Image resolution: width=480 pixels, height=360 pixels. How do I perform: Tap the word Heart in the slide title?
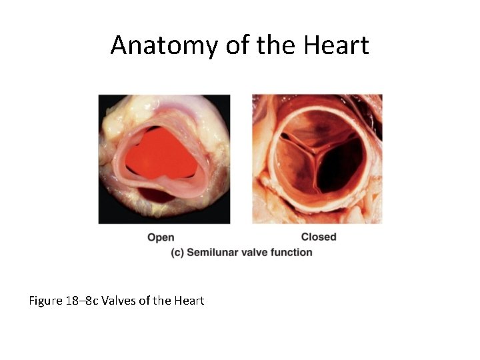point(336,45)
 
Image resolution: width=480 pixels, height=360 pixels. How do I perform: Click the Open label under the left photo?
point(161,237)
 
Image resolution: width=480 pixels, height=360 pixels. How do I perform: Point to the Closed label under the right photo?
point(319,237)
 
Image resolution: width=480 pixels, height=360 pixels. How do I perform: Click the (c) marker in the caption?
point(177,253)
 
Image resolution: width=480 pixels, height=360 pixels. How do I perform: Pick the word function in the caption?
point(292,253)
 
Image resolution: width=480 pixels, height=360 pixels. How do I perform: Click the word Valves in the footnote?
point(118,301)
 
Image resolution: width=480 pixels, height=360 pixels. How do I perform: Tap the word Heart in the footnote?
point(189,301)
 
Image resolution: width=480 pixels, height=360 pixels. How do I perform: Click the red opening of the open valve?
point(160,153)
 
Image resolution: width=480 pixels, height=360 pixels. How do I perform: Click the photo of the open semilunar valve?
point(164,159)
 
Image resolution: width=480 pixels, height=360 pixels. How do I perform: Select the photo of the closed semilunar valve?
point(317,159)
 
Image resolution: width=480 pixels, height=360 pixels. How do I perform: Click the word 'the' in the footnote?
point(162,301)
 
